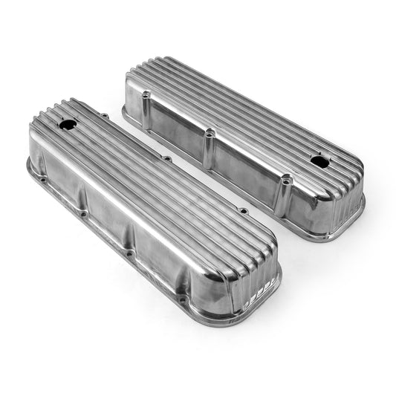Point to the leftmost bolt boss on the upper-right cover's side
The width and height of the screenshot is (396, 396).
click(146, 95)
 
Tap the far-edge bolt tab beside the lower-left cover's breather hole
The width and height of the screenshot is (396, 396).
click(104, 115)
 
